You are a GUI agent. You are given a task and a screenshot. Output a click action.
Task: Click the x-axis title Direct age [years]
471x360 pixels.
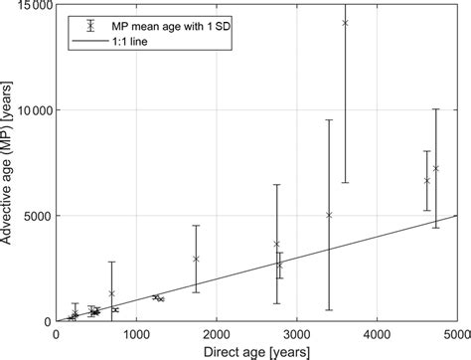click(255, 350)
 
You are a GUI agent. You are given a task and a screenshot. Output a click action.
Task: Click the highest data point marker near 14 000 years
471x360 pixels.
click(345, 23)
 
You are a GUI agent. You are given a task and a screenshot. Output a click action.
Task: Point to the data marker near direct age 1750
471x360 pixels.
click(196, 259)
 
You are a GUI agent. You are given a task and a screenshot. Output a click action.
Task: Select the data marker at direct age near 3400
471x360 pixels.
click(329, 215)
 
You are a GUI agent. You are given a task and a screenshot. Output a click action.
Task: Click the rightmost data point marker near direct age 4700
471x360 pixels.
click(435, 168)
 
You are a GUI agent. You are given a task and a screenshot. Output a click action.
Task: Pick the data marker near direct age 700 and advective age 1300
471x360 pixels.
click(111, 293)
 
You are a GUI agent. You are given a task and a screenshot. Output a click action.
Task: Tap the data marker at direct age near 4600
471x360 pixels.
click(426, 181)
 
